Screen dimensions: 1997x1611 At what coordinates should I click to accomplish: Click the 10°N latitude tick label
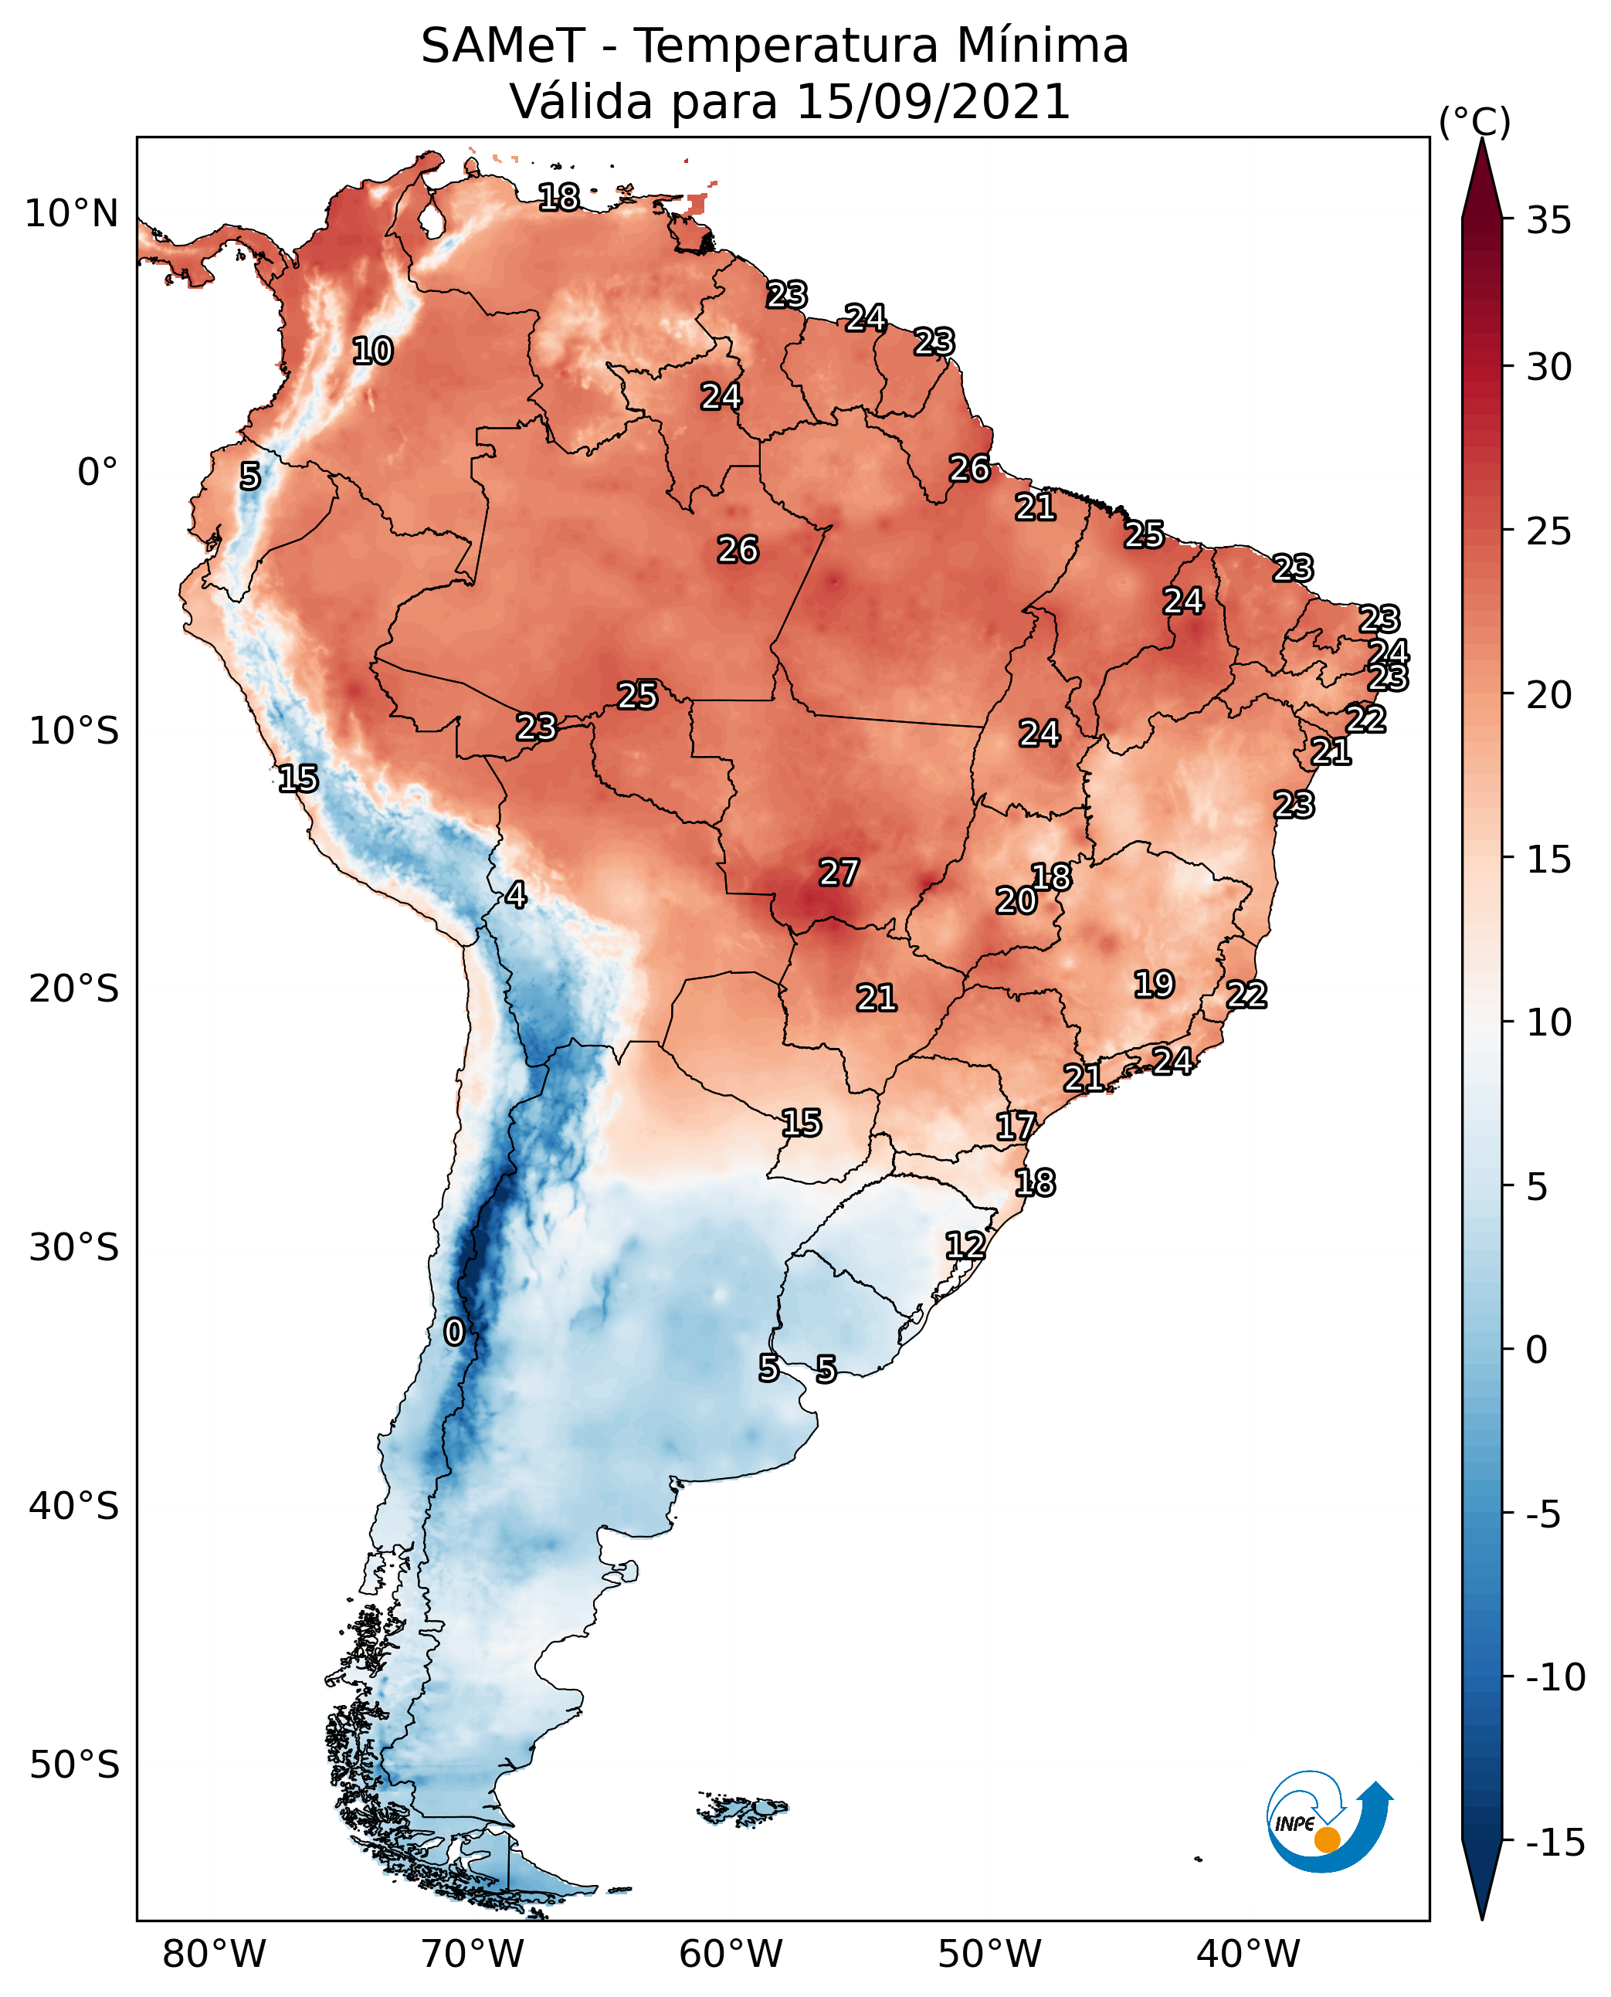click(72, 215)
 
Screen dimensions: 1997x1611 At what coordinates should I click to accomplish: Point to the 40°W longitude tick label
click(1247, 1954)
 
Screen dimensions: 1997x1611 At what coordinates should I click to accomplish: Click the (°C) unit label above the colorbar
click(1474, 121)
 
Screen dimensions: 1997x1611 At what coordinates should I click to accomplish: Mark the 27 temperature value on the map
click(839, 873)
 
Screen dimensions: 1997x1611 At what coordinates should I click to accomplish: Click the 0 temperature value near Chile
click(454, 1331)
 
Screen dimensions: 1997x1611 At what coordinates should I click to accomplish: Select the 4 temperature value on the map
click(516, 894)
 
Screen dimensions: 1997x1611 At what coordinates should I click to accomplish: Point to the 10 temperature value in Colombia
click(373, 351)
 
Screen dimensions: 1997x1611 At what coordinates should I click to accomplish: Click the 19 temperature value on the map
click(1155, 984)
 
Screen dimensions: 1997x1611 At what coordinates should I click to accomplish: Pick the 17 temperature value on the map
click(1016, 1126)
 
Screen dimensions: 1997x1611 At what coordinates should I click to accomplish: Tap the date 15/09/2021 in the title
click(934, 101)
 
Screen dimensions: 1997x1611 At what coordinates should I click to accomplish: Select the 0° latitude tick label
click(97, 473)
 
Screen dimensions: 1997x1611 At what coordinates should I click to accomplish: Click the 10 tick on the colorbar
click(1548, 1022)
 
